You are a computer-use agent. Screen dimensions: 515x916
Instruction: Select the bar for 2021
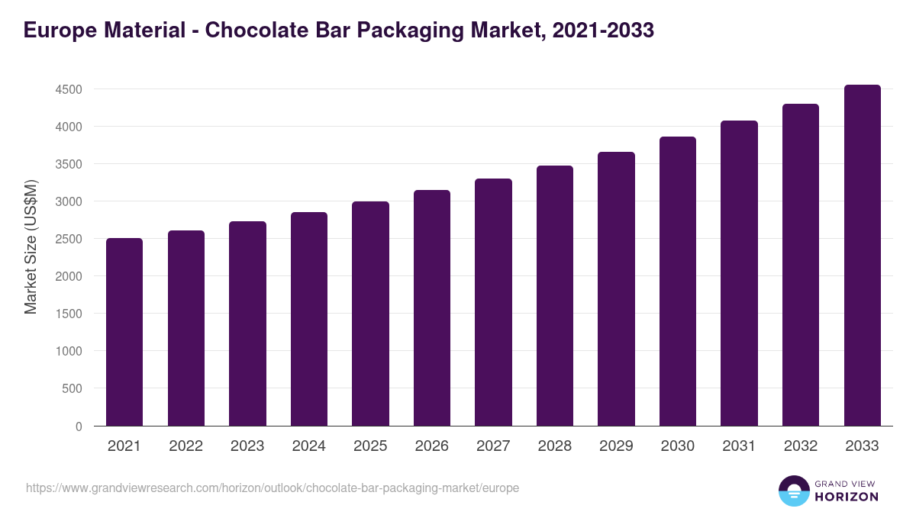[124, 332]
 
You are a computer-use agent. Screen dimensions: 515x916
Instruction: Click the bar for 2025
[370, 314]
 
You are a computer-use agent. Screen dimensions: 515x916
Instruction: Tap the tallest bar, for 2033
[862, 256]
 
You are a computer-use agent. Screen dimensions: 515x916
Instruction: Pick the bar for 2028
[555, 296]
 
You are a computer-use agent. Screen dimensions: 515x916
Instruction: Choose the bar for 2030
[678, 282]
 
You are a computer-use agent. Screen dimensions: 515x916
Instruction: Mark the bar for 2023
[247, 323]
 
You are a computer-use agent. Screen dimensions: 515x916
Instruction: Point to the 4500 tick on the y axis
[68, 89]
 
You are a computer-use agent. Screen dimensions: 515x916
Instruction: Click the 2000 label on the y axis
[68, 276]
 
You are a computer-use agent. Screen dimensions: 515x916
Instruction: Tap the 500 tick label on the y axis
[71, 388]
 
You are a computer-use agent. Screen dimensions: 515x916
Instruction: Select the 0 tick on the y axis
[78, 426]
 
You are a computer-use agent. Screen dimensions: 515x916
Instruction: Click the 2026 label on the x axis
[432, 446]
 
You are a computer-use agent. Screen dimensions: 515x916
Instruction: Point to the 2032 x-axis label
[801, 446]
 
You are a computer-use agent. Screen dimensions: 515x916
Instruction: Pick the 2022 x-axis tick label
[186, 446]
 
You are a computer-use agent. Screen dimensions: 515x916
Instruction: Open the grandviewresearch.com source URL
[273, 488]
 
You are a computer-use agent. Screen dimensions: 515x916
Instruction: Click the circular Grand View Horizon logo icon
[794, 491]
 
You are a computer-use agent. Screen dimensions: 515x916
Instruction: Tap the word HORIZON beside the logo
[847, 497]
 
